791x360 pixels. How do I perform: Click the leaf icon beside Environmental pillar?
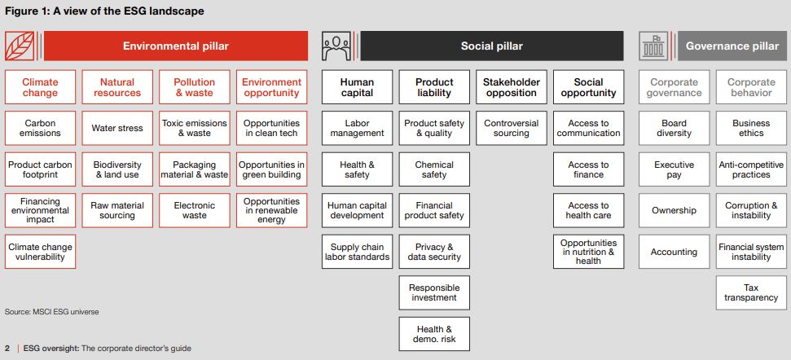[x=20, y=46]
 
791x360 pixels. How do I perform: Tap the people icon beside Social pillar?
[x=336, y=46]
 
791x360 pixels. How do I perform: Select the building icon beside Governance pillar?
[x=653, y=46]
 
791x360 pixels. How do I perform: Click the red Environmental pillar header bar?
[x=176, y=46]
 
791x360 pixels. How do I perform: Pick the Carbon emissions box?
[x=41, y=128]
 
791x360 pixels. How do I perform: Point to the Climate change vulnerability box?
[x=41, y=252]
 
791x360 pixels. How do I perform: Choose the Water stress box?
[x=117, y=128]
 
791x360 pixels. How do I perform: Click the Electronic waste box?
[x=195, y=210]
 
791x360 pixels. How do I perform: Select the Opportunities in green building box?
[x=271, y=169]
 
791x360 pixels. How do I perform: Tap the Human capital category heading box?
[x=357, y=87]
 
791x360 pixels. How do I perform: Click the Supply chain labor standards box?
[x=357, y=252]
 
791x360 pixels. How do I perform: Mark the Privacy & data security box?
[x=434, y=252]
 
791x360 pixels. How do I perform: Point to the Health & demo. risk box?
[x=434, y=334]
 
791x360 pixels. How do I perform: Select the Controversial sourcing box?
[x=512, y=128]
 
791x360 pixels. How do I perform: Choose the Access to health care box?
[x=589, y=210]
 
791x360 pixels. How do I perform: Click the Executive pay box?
[x=674, y=169]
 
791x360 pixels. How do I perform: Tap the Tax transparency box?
[x=751, y=293]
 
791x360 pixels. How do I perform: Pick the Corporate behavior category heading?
[x=751, y=87]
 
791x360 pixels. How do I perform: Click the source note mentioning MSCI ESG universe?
[x=52, y=312]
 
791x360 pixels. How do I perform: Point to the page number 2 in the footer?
[x=7, y=349]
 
